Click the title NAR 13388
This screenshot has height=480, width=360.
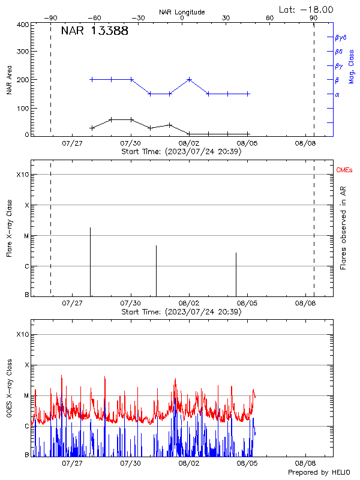pos(94,31)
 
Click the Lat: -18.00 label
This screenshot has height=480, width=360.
pos(307,8)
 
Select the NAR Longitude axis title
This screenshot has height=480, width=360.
pos(182,12)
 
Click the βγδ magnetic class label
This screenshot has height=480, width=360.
pos(340,37)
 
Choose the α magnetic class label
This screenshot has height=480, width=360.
pos(337,94)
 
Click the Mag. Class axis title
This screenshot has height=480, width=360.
pos(351,66)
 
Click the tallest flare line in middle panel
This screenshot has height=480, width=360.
pos(90,261)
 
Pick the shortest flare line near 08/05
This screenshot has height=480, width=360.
pos(236,274)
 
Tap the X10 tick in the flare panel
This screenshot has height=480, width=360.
pos(23,175)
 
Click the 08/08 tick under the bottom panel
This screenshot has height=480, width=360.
pos(305,464)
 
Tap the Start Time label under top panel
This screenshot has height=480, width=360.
pos(181,152)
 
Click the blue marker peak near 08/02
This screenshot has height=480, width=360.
pos(189,79)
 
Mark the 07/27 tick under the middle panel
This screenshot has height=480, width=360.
pos(72,304)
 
